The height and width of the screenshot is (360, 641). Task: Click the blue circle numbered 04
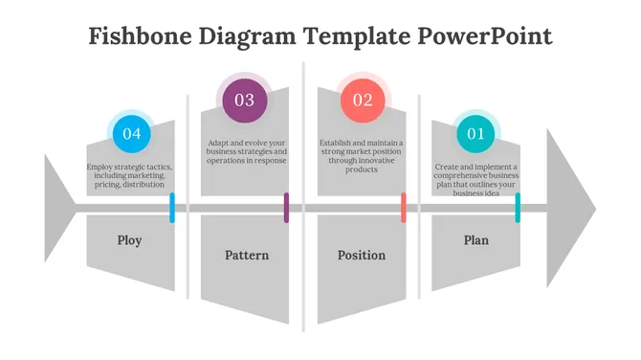131,134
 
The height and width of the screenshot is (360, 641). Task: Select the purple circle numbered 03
244,100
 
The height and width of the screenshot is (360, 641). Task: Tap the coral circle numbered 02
363,100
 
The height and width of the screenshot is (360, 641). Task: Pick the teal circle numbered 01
475,134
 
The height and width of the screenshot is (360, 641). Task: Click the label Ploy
129,240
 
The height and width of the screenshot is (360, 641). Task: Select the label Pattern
246,256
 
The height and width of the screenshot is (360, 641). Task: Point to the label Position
362,256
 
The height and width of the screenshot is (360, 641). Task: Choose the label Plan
475,240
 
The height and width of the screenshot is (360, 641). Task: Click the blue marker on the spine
172,208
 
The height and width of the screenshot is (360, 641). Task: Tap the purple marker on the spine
286,208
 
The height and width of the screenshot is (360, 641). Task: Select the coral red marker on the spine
404,208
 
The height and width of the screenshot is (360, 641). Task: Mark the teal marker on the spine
518,208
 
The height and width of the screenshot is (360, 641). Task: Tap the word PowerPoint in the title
484,36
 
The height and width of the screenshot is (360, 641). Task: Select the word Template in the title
358,36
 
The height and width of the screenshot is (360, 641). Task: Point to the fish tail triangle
57,208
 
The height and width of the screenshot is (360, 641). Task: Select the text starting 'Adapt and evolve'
246,151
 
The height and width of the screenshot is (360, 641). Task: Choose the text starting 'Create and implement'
475,180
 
